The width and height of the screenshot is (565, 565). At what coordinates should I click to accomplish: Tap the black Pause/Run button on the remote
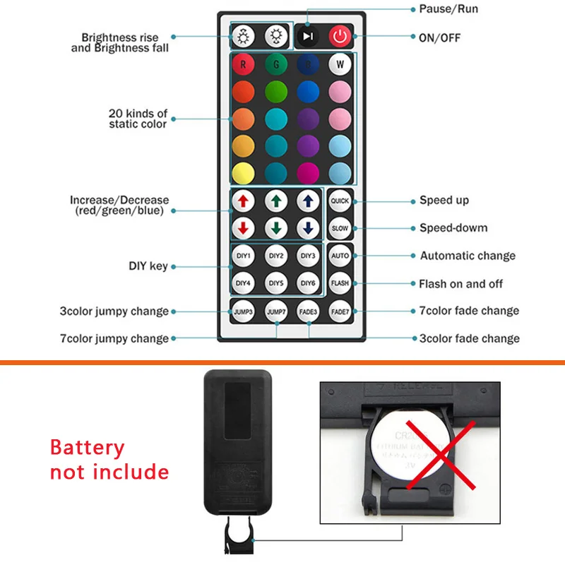pyautogui.click(x=307, y=36)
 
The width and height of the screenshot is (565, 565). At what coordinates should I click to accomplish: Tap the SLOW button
pyautogui.click(x=340, y=228)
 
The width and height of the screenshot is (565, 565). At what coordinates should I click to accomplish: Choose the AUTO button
pyautogui.click(x=340, y=256)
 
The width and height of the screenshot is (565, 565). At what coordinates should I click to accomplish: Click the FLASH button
pyautogui.click(x=340, y=283)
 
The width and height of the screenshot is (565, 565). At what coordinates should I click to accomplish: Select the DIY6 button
pyautogui.click(x=308, y=283)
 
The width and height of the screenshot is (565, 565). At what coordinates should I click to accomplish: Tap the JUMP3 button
pyautogui.click(x=244, y=311)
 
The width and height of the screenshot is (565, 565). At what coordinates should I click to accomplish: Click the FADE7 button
pyautogui.click(x=340, y=311)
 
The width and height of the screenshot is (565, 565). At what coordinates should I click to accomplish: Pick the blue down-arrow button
pyautogui.click(x=308, y=228)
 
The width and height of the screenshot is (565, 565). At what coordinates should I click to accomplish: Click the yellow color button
pyautogui.click(x=243, y=172)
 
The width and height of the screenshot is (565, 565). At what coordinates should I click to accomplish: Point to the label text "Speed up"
pyautogui.click(x=444, y=201)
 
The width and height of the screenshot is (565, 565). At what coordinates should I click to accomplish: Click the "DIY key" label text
pyautogui.click(x=148, y=266)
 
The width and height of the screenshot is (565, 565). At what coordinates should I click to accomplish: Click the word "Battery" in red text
pyautogui.click(x=87, y=448)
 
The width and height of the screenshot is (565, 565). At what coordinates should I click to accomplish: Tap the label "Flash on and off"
pyautogui.click(x=461, y=284)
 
